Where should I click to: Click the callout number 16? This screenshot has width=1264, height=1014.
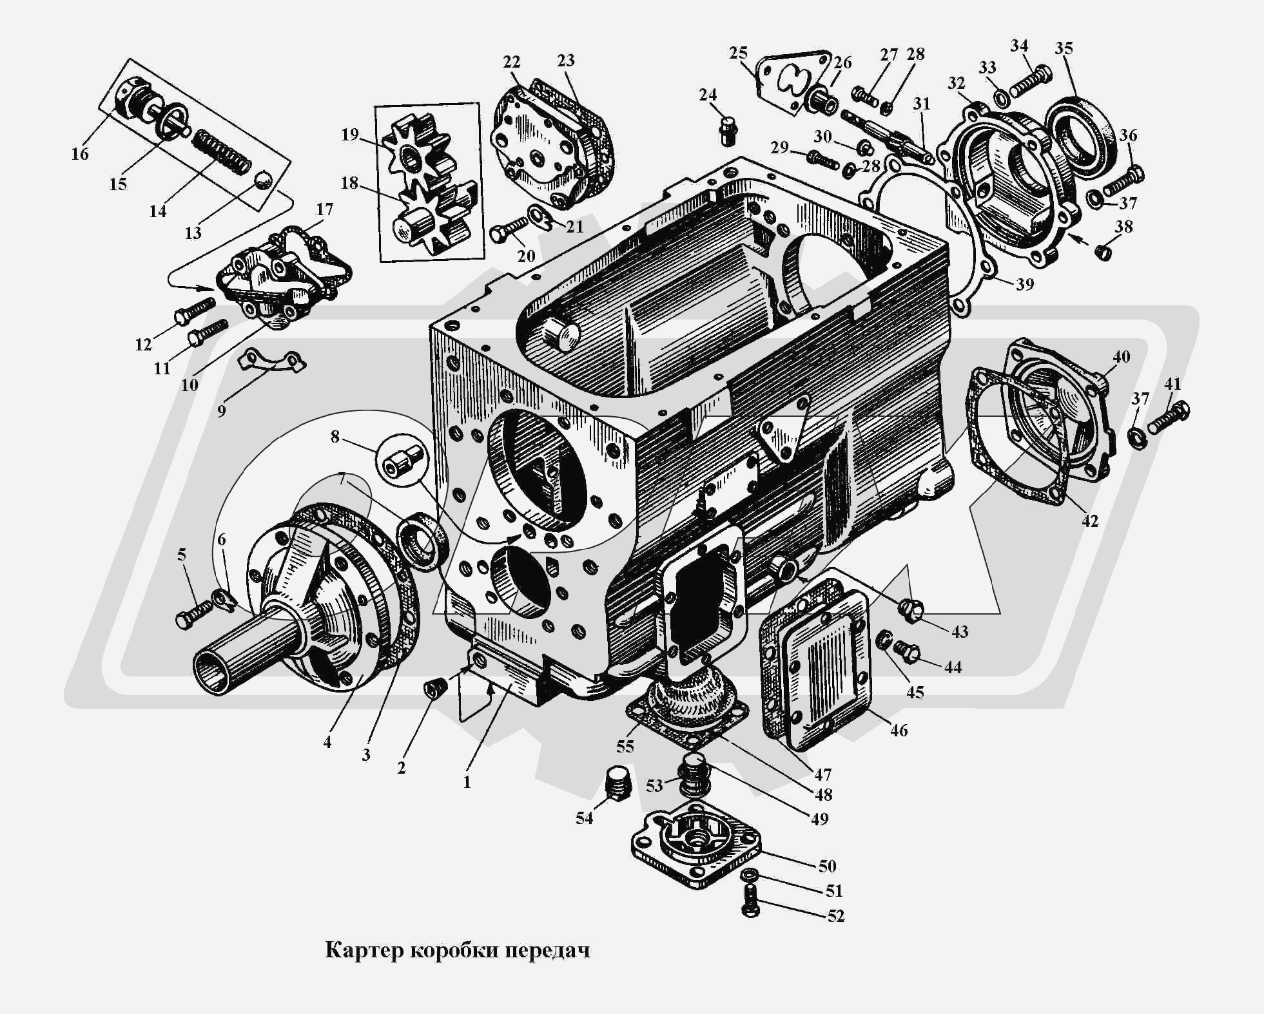[80, 155]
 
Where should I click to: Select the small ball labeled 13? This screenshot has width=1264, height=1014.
[262, 181]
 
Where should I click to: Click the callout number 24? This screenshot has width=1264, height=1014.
[708, 95]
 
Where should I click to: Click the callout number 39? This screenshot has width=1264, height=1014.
[1025, 283]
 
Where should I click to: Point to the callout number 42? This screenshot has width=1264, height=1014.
[1089, 521]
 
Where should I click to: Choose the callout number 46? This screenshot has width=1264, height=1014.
[899, 730]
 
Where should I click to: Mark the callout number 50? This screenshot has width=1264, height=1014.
[828, 866]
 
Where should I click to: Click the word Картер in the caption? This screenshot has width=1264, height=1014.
[364, 951]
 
